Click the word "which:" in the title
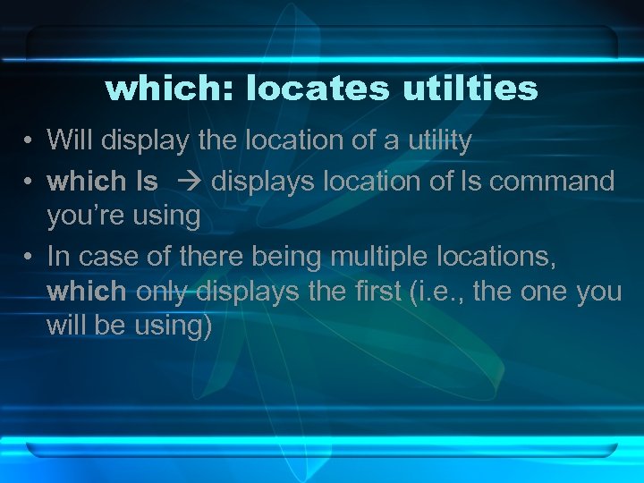point(169,89)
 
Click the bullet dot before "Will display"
point(30,140)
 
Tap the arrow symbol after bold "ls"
point(191,182)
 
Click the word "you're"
point(82,215)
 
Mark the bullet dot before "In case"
point(30,258)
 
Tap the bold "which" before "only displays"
point(87,291)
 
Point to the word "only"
point(164,291)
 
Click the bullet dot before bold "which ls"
point(30,182)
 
